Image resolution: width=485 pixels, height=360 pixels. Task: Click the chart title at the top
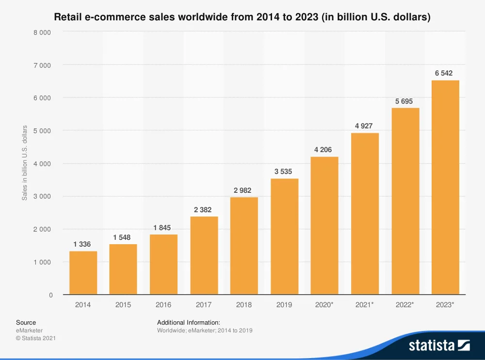242,17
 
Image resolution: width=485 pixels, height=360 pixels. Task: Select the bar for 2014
83,273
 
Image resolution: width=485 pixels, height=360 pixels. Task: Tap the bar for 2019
284,236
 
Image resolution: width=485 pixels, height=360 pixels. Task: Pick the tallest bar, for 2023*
445,187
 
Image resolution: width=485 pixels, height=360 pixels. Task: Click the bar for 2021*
365,214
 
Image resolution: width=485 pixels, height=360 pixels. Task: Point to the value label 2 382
203,209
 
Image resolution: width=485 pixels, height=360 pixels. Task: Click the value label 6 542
444,73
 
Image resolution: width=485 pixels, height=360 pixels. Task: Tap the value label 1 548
122,237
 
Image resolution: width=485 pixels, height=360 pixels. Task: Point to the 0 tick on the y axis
50,295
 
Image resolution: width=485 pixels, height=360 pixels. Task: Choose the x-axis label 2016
163,305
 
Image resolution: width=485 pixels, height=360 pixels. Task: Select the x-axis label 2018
244,305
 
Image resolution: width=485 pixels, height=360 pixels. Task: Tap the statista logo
439,345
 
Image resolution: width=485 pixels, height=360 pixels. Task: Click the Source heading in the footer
26,322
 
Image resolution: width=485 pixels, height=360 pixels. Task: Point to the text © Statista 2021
36,338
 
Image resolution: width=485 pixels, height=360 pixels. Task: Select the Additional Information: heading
189,322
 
